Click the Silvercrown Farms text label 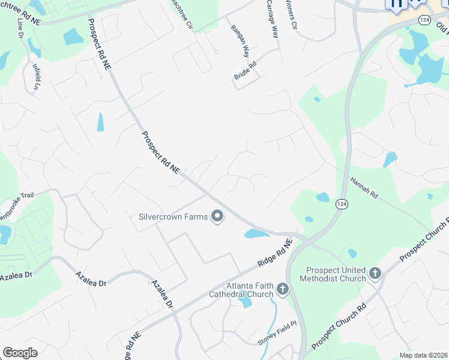[x=173, y=217]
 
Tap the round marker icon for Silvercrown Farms [x=217, y=217]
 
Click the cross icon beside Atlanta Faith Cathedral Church [x=283, y=290]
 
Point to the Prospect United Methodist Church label [x=335, y=274]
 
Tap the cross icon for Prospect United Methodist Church [x=375, y=274]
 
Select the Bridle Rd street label [x=245, y=70]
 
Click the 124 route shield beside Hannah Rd [x=341, y=204]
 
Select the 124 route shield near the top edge [x=424, y=20]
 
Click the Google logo [x=20, y=353]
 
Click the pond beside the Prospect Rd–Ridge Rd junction [x=257, y=233]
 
